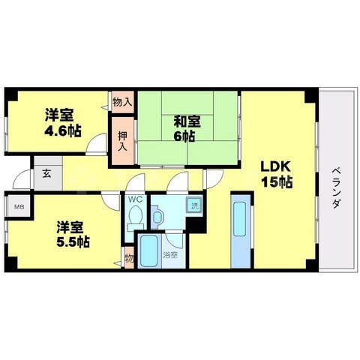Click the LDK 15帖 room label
(275, 173)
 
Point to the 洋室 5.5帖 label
(67, 233)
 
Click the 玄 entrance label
(46, 174)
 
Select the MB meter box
(18, 205)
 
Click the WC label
(135, 200)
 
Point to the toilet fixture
(135, 217)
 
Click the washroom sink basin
(159, 218)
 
